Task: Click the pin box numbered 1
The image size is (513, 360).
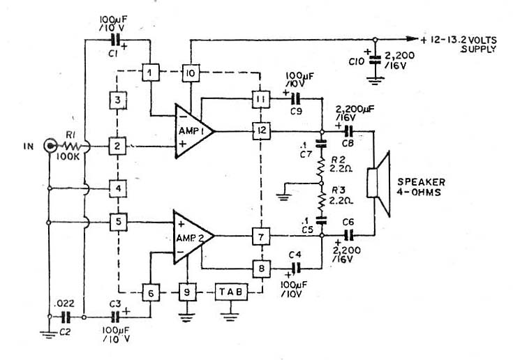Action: coord(151,73)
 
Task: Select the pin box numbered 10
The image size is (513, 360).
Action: coord(191,73)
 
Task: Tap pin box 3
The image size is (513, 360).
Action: coord(118,100)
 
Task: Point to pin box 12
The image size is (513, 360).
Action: coord(262,130)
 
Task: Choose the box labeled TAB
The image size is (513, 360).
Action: coord(231,292)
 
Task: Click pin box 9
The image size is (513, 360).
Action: coord(187,292)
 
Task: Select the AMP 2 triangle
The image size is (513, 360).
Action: coord(194,237)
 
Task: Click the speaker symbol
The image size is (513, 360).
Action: coord(378,183)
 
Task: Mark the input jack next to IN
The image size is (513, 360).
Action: coord(50,146)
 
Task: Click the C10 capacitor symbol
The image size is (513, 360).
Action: coord(376,59)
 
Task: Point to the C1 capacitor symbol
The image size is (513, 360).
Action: coord(115,40)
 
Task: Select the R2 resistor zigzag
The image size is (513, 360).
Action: coord(321,168)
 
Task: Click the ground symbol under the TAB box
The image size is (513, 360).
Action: coord(230,317)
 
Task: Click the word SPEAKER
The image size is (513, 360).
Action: coord(421,182)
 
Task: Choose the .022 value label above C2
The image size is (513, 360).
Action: coord(64,303)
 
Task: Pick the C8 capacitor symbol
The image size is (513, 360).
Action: coord(348,131)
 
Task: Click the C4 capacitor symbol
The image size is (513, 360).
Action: coord(297,268)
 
